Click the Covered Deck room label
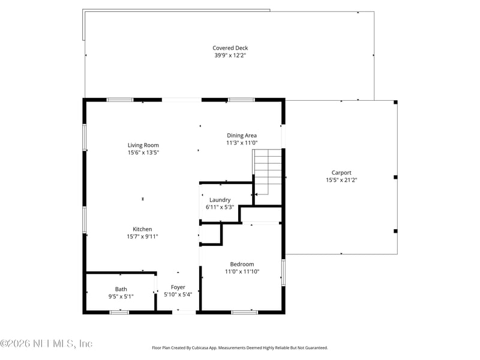[x=230, y=48]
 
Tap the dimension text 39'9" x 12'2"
[x=230, y=55]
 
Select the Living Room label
[x=143, y=145]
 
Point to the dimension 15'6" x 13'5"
[x=143, y=152]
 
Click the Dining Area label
[x=242, y=136]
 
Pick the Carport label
[x=341, y=172]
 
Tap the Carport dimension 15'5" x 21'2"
[x=341, y=179]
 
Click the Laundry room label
[x=220, y=200]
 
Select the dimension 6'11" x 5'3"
[x=220, y=207]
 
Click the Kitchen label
[x=142, y=229]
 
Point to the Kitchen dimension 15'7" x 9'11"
[x=142, y=236]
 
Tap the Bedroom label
[x=242, y=264]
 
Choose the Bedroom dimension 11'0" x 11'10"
[x=242, y=271]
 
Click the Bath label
[x=121, y=289]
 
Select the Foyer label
[x=178, y=287]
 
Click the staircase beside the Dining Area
[x=268, y=170]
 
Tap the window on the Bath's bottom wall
[x=119, y=311]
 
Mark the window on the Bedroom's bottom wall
[x=244, y=311]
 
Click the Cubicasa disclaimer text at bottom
[x=240, y=347]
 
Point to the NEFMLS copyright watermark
[x=46, y=344]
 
